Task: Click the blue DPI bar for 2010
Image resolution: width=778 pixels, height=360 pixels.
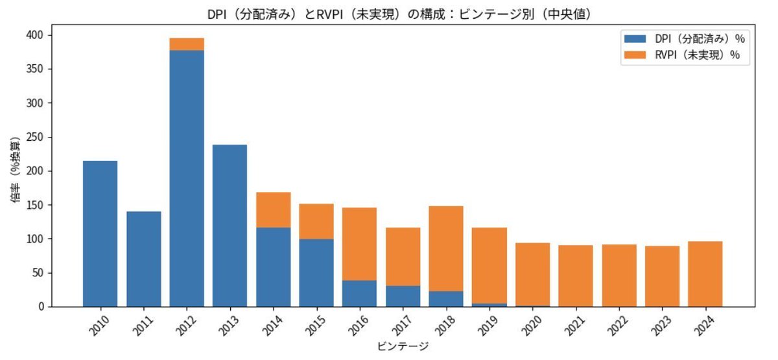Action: [x=100, y=234]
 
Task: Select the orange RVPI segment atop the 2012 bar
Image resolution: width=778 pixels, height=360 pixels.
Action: [x=187, y=44]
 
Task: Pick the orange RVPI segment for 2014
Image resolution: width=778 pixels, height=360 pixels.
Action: [x=273, y=210]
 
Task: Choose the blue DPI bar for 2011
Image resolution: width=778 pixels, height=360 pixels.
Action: [x=143, y=259]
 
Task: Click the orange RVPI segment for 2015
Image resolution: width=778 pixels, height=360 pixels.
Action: [x=316, y=221]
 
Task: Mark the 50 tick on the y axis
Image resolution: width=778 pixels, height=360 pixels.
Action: [x=40, y=272]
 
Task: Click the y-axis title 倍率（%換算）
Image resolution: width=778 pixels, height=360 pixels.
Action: [x=16, y=171]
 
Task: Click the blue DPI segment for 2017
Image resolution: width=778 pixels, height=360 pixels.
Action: [x=403, y=296]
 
